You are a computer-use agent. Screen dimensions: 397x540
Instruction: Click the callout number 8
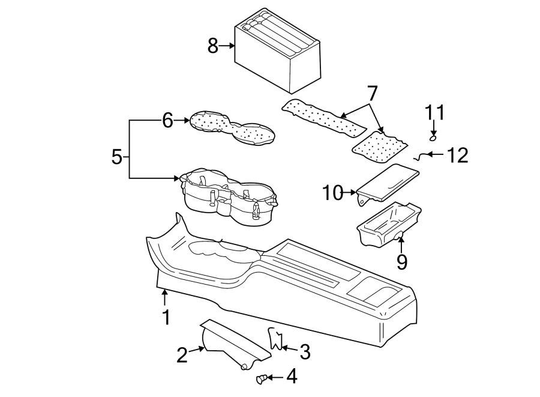click(212, 46)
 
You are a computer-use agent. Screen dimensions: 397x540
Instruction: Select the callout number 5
click(118, 157)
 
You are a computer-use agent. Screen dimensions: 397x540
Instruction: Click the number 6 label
click(167, 121)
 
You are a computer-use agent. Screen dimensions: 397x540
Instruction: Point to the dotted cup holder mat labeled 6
click(232, 127)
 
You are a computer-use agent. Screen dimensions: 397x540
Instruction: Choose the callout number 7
click(372, 94)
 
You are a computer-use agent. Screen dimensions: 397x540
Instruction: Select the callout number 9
click(401, 262)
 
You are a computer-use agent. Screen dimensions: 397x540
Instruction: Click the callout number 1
click(166, 317)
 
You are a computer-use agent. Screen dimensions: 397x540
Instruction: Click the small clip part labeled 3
click(275, 339)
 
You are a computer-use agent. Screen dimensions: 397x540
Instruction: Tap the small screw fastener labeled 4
click(262, 378)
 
